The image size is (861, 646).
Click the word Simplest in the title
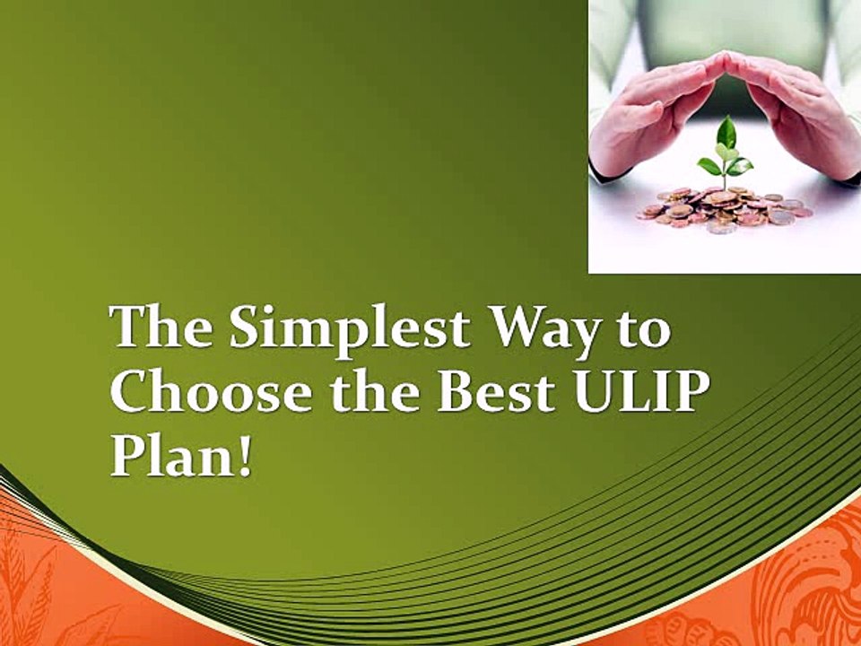[348, 328]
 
